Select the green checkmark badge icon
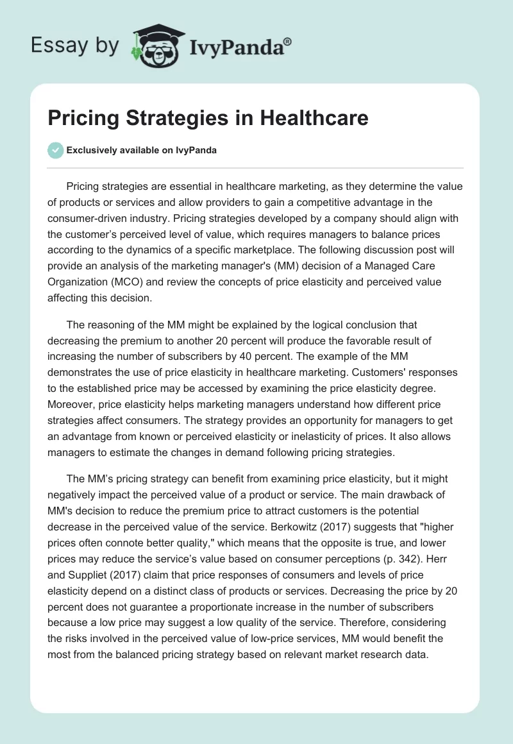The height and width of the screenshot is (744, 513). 55,150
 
